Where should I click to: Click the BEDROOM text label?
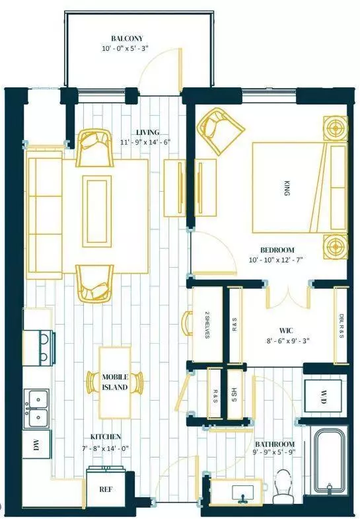277,250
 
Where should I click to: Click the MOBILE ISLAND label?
115,382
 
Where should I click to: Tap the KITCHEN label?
106,437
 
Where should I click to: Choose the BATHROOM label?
275,444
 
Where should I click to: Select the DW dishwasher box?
37,446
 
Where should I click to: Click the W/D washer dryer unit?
324,398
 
